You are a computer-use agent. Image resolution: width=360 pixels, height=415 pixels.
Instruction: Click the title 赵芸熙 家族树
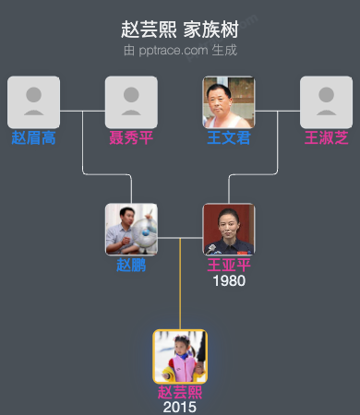pos(180,30)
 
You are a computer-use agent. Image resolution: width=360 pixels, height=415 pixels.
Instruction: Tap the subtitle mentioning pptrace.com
pos(180,49)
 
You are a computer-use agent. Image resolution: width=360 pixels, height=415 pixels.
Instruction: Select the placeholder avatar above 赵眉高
pos(33,101)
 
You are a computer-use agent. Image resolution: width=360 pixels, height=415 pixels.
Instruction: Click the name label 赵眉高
pos(33,138)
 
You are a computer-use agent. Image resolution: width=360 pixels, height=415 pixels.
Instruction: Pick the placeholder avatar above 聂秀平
pos(131,101)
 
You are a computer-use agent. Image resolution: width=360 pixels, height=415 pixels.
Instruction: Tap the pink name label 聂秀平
pos(131,138)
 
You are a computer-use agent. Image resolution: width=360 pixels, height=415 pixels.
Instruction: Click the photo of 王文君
pos(229,101)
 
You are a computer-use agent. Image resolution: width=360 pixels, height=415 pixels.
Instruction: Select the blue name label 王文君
pos(229,138)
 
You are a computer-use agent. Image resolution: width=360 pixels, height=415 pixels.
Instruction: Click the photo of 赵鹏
pos(131,229)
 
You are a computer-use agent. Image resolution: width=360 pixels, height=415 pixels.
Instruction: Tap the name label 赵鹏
pos(131,265)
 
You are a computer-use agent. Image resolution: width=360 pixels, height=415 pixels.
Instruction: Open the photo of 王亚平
pos(229,229)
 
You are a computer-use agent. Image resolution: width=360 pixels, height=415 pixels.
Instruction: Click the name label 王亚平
pos(229,265)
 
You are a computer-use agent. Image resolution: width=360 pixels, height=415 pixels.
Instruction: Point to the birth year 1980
pos(229,280)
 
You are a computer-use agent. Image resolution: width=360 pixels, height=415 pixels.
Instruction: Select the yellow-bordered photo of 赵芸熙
pos(180,356)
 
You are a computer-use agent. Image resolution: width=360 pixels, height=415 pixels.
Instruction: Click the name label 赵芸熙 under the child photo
pos(180,392)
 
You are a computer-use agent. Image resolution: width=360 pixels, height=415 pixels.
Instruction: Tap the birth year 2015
pos(180,407)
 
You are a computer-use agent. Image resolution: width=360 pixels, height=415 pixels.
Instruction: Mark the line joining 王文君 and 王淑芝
pos(278,112)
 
